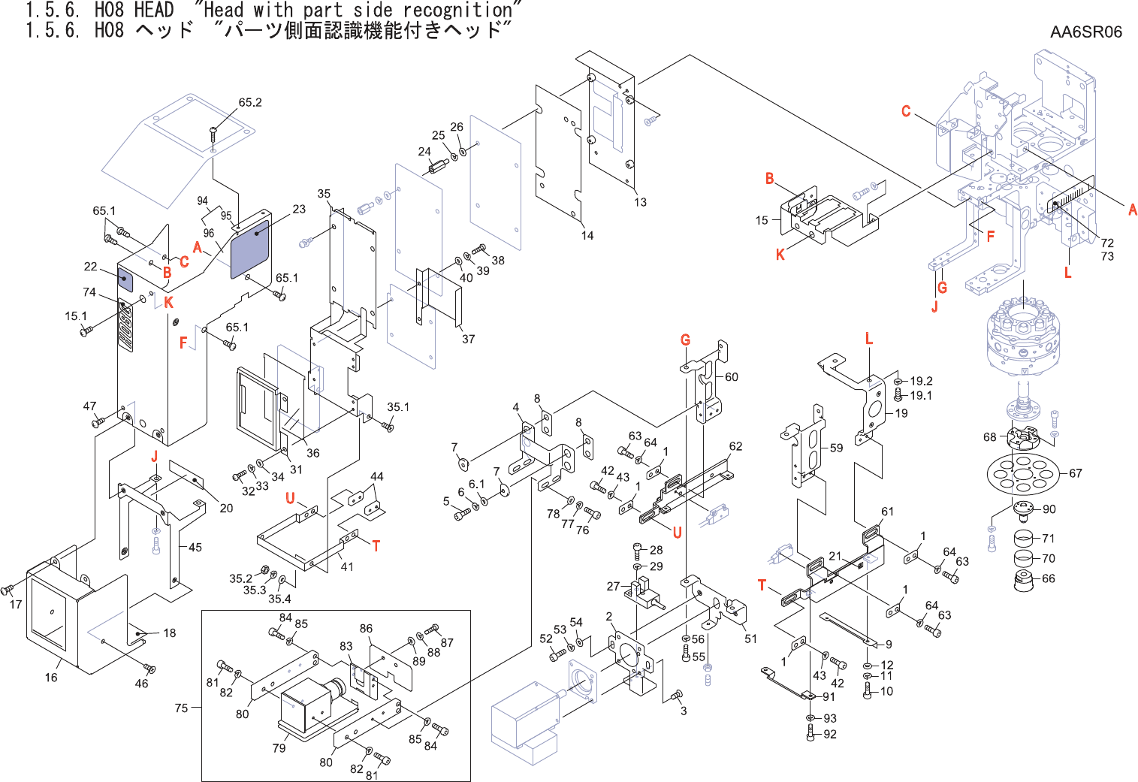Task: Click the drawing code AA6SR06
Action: click(x=1085, y=32)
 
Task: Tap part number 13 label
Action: click(x=640, y=202)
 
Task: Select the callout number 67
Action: click(x=1076, y=473)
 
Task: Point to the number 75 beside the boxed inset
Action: click(x=181, y=708)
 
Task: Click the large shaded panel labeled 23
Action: click(x=250, y=249)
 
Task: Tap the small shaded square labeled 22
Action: click(x=125, y=280)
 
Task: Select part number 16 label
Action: click(x=51, y=678)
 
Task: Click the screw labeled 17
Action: click(x=7, y=590)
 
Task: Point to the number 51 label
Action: click(x=750, y=639)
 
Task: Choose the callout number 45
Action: click(x=195, y=547)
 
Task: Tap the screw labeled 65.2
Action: click(x=213, y=134)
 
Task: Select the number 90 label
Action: click(x=1049, y=509)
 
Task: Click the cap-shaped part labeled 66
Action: click(x=1026, y=581)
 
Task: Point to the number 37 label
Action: click(x=468, y=339)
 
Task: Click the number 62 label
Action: click(x=735, y=446)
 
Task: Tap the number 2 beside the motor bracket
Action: click(x=609, y=616)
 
